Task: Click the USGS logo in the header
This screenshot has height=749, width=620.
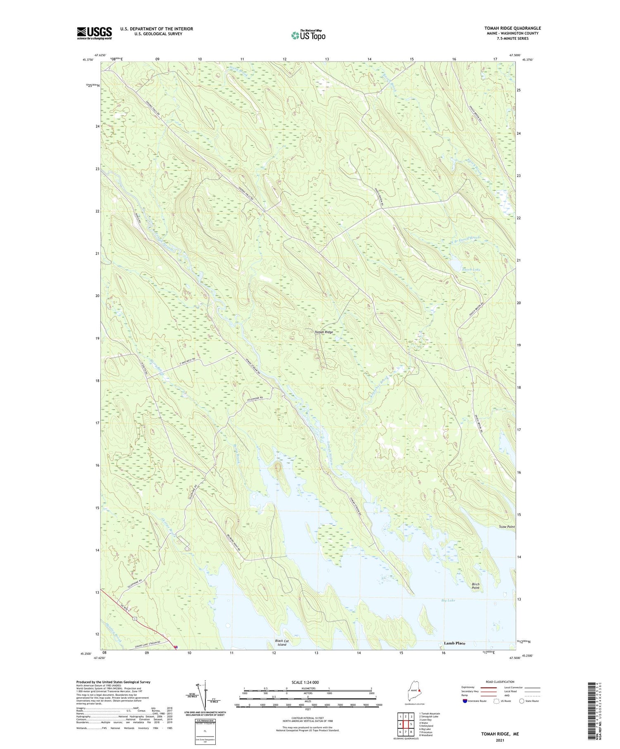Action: coord(94,33)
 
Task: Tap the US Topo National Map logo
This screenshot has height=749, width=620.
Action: coord(308,35)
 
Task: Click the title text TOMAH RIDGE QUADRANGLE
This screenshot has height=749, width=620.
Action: coord(513,28)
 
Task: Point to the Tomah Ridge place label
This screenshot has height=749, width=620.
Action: coord(324,332)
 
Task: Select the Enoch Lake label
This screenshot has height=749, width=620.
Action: coord(471,269)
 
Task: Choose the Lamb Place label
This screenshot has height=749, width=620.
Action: coord(454,643)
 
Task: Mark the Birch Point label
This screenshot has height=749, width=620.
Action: coord(475,586)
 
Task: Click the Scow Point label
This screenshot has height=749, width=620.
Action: coord(506,527)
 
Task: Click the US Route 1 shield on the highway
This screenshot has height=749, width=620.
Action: coord(135,618)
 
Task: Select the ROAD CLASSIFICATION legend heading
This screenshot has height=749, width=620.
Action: coord(500,682)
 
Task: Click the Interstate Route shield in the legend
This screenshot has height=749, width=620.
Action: coord(466,701)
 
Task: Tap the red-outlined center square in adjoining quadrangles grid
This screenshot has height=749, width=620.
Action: coord(405,724)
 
